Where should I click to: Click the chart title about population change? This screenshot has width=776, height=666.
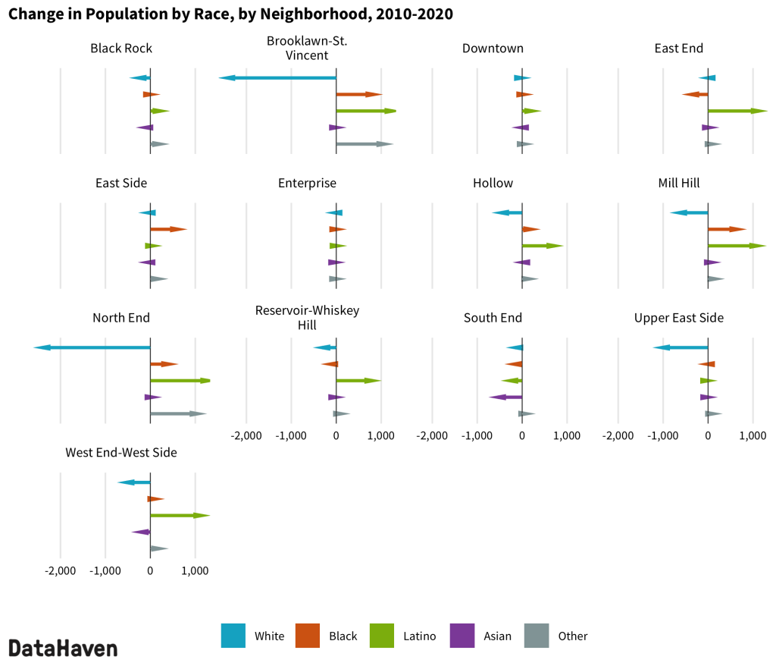pos(230,14)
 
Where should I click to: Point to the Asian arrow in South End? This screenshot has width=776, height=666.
pos(505,397)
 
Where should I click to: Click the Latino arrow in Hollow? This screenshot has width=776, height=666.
pos(542,246)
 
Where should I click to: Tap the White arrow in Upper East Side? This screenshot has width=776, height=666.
pos(681,347)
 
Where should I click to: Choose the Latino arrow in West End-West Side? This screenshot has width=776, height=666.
pos(180,516)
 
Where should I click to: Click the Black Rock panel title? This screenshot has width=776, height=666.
pos(121,49)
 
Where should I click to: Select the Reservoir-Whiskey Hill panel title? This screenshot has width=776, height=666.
pos(307,318)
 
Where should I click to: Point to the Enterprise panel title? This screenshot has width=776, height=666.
pos(307,183)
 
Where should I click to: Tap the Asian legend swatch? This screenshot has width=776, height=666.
pos(462,636)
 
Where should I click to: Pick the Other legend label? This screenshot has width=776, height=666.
pos(572,636)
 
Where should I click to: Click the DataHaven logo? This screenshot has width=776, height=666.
pos(63,648)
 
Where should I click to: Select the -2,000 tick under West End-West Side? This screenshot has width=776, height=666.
pos(60,570)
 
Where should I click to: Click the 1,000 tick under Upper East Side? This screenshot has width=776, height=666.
pos(753,436)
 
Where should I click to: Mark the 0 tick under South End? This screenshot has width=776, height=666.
pos(522,436)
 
